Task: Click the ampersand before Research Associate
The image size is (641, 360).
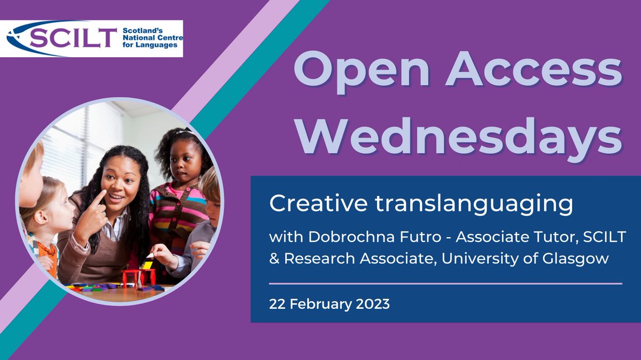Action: click(x=274, y=259)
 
